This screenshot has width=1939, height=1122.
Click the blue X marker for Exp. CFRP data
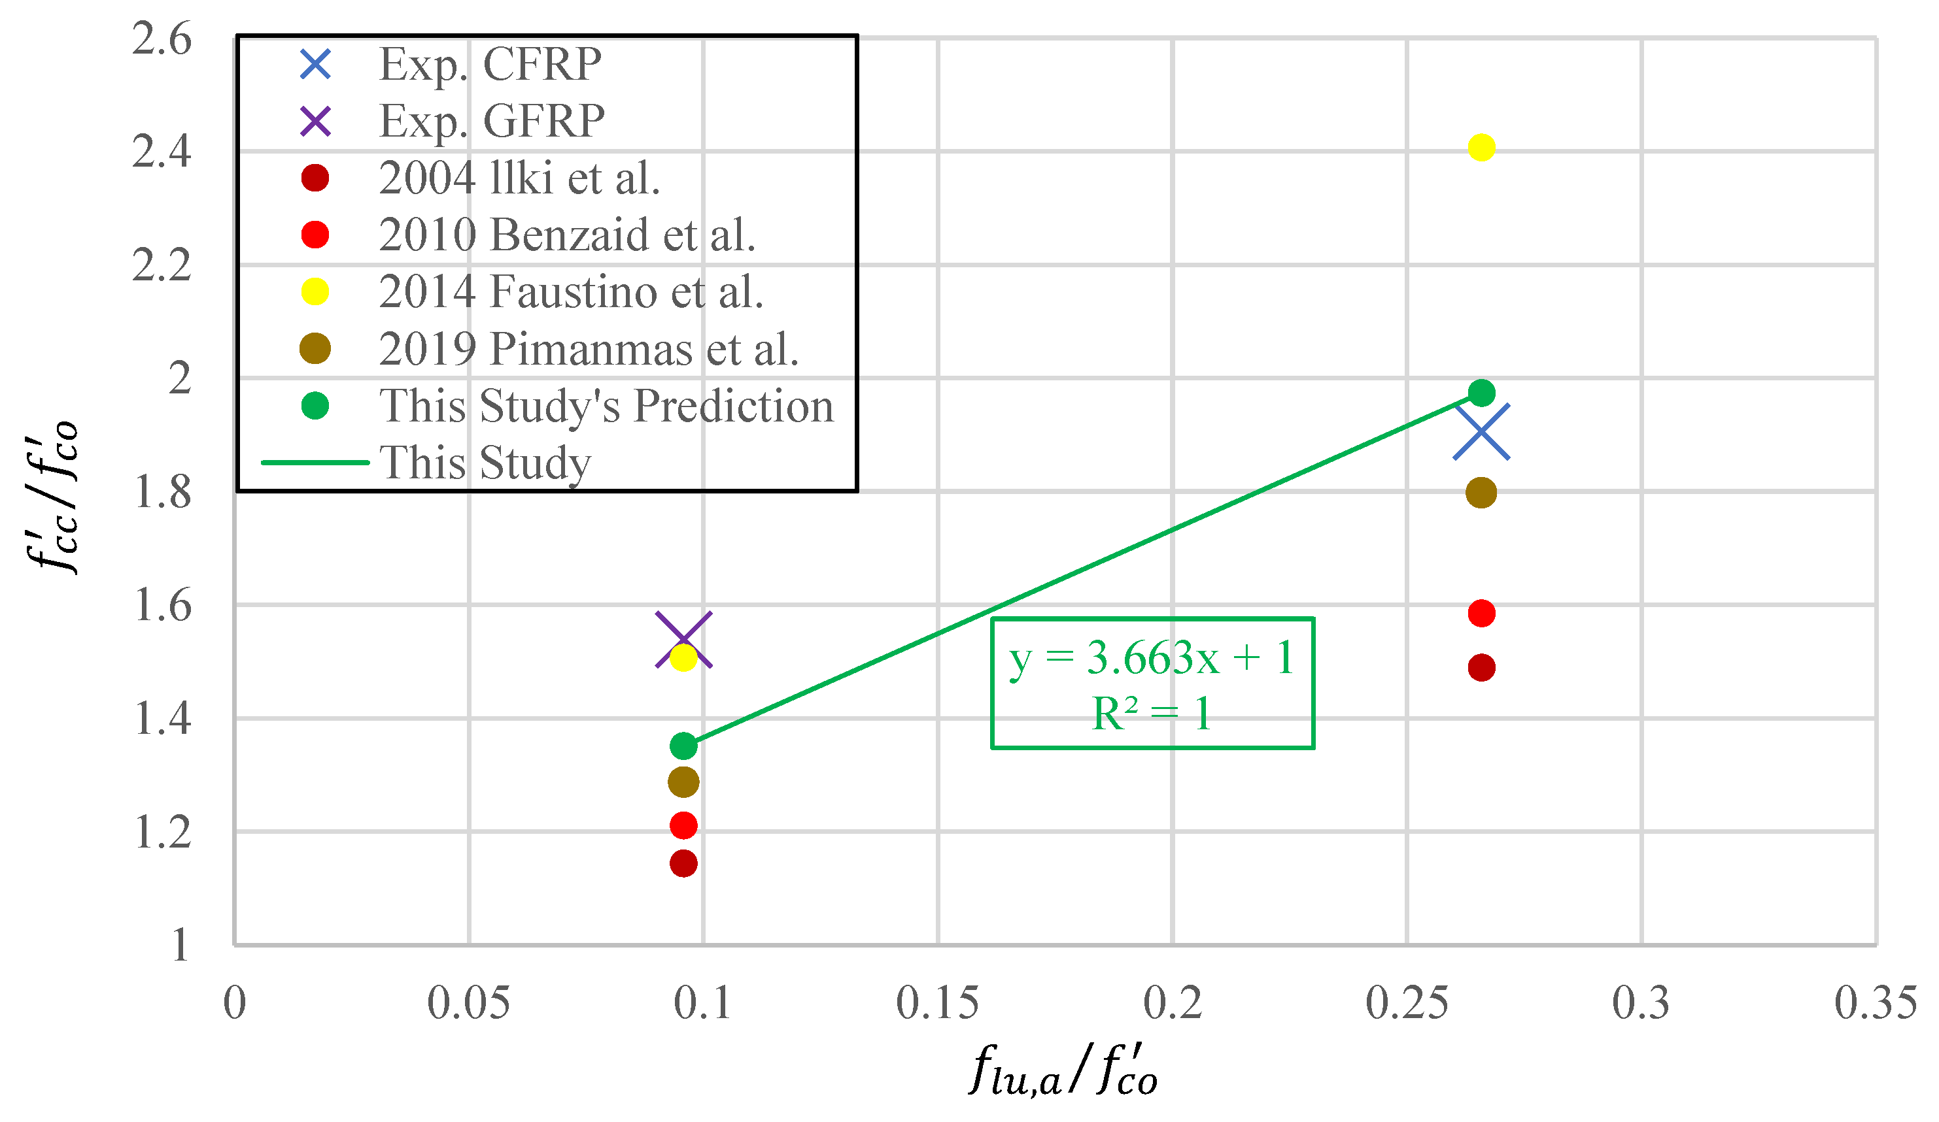point(1481,431)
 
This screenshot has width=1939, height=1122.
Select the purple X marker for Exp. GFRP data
point(683,640)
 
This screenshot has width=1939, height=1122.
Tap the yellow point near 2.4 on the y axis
point(1481,147)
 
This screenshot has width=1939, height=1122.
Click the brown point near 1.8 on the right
point(1481,492)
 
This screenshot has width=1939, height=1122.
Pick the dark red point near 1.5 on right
point(1481,667)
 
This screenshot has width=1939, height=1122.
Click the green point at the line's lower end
point(683,745)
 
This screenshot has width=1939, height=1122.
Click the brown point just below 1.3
point(683,782)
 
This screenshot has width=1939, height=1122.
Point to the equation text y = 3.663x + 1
point(1151,657)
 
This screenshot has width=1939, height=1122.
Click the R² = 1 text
point(1151,714)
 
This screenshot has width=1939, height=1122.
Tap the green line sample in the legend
point(315,462)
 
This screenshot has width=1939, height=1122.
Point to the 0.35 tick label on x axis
point(1874,1003)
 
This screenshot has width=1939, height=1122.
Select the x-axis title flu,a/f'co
point(1063,1070)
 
